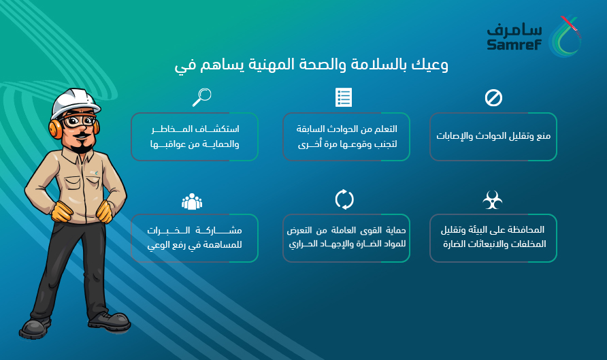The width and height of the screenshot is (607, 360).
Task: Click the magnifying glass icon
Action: [x=201, y=97]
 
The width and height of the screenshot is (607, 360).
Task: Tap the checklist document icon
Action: [x=344, y=97]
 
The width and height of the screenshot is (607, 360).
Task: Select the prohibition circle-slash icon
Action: [x=493, y=98]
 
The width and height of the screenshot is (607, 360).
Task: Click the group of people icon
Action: [x=192, y=201]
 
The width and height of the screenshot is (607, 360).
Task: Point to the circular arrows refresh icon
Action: [x=344, y=199]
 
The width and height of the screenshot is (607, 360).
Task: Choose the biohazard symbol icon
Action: [x=493, y=200]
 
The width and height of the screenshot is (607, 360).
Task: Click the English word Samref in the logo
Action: [x=514, y=44]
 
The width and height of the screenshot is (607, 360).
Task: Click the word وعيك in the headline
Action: [x=429, y=65]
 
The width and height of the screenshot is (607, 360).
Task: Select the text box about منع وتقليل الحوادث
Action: [x=493, y=137]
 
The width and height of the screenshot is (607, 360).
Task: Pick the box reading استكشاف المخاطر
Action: [x=195, y=137]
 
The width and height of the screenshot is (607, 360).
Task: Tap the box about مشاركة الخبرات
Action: [x=195, y=238]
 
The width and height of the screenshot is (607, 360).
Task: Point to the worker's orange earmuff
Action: [x=55, y=128]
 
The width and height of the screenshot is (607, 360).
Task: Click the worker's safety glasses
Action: [x=79, y=120]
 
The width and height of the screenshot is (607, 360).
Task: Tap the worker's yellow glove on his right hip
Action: [x=62, y=212]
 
